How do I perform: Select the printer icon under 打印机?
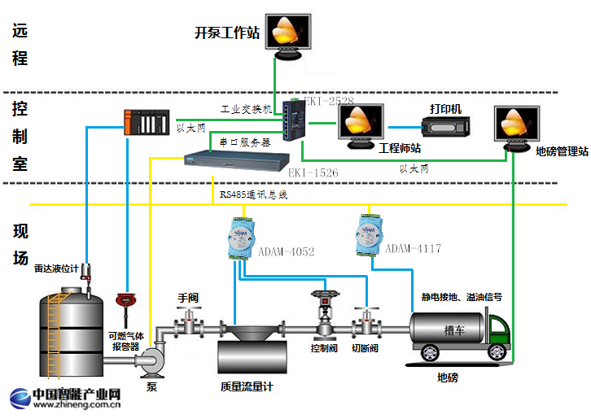pyautogui.click(x=445, y=127)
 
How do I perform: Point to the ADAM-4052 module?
pyautogui.click(x=242, y=236)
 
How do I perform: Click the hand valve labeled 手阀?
pyautogui.click(x=189, y=323)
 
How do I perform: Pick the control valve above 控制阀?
pyautogui.click(x=322, y=313)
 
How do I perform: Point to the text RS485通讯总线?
pyautogui.click(x=253, y=196)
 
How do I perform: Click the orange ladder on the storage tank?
pyautogui.click(x=55, y=334)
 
